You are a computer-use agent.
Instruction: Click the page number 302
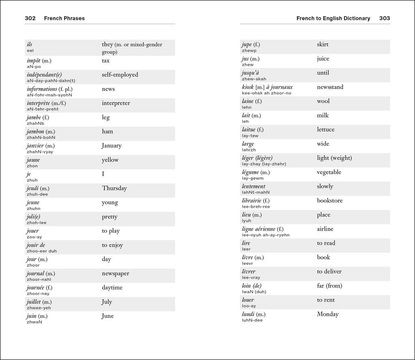30,18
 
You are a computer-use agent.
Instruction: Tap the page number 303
385,18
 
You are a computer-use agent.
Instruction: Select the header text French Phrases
64,18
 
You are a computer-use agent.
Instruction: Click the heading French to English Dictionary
333,18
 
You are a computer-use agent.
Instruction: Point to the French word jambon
36,132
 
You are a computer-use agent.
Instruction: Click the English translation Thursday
114,188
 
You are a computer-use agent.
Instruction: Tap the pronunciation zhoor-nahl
39,279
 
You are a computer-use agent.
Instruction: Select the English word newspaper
116,274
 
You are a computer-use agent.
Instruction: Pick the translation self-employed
120,75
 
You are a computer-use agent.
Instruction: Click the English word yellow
110,160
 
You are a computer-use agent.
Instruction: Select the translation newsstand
330,87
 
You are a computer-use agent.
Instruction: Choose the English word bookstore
329,200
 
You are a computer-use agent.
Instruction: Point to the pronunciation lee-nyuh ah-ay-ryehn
266,235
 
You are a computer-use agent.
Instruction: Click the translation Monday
327,314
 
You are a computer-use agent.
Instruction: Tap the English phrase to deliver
329,271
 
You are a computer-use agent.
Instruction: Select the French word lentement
254,186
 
